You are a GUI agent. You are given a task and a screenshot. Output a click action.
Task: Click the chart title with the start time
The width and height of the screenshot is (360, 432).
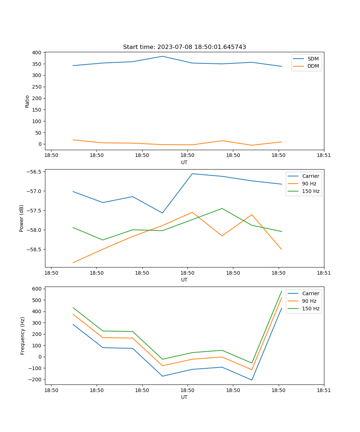(184, 47)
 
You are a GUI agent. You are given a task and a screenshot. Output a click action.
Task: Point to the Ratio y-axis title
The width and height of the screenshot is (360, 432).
(27, 101)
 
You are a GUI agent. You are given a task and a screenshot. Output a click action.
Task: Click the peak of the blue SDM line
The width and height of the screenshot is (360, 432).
(162, 56)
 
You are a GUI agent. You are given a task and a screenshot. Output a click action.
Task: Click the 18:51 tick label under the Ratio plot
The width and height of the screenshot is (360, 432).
(324, 156)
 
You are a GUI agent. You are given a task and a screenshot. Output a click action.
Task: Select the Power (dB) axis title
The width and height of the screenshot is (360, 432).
(22, 218)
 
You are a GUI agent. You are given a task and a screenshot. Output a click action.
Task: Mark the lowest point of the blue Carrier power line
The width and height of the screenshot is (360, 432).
(162, 213)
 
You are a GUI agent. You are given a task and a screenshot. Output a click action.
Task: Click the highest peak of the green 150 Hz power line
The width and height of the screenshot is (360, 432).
(222, 208)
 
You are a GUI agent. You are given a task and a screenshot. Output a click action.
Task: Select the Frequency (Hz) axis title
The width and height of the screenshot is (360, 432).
(23, 336)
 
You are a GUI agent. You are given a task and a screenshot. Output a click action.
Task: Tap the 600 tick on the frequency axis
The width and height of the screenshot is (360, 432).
(37, 289)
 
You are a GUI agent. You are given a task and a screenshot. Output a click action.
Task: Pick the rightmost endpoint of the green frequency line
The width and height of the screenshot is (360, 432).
(282, 291)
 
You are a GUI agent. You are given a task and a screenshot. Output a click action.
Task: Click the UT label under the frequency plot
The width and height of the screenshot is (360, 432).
(184, 397)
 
